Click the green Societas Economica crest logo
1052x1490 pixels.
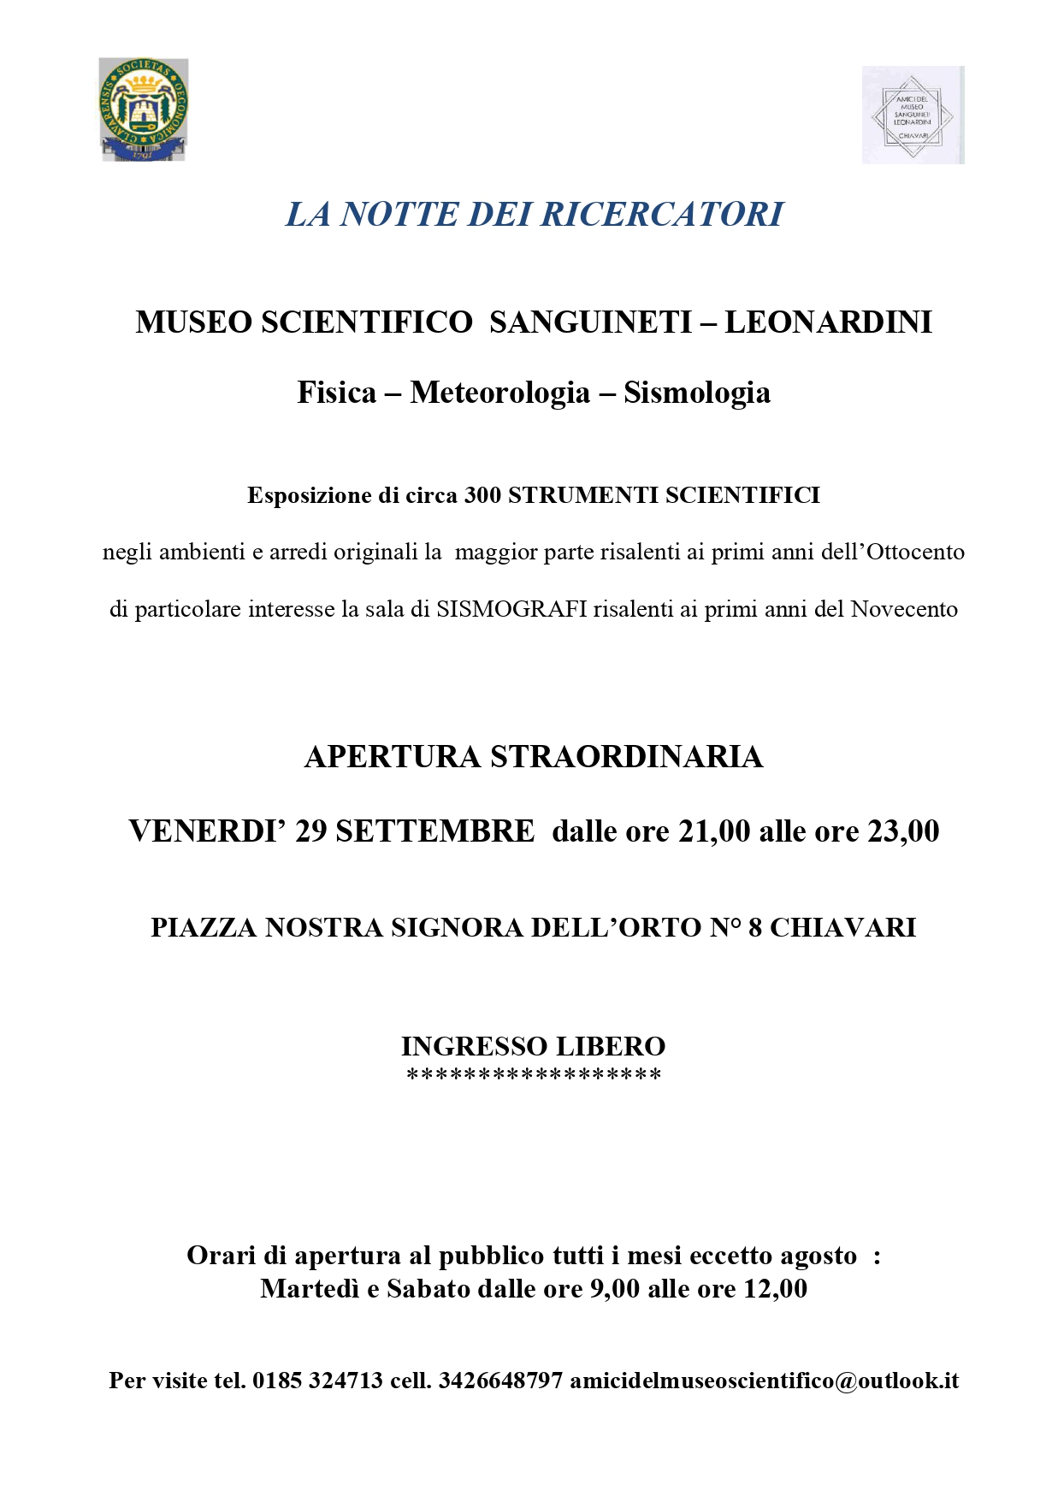pyautogui.click(x=143, y=109)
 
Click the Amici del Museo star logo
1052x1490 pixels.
pyautogui.click(x=913, y=115)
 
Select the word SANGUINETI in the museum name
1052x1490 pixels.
pyautogui.click(x=591, y=322)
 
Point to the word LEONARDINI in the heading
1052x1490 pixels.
pyautogui.click(x=828, y=322)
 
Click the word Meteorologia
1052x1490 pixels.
pyautogui.click(x=499, y=393)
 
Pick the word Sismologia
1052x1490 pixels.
pyautogui.click(x=697, y=393)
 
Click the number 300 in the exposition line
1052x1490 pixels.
pyautogui.click(x=482, y=495)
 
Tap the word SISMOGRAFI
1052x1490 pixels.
pyautogui.click(x=511, y=609)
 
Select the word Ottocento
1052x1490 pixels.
pyautogui.click(x=916, y=552)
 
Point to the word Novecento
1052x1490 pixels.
pyautogui.click(x=904, y=609)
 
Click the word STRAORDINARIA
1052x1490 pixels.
pyautogui.click(x=626, y=757)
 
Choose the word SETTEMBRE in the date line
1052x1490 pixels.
pyautogui.click(x=434, y=831)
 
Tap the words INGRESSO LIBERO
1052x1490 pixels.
pyautogui.click(x=533, y=1046)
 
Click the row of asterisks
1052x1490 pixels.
pyautogui.click(x=533, y=1075)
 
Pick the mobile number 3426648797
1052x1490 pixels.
pyautogui.click(x=500, y=1380)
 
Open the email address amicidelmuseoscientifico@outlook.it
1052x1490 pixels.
pyautogui.click(x=764, y=1380)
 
